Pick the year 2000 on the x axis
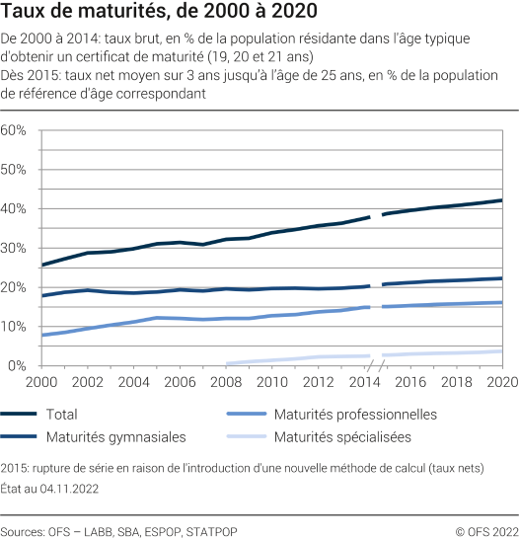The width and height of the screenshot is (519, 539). tap(40, 381)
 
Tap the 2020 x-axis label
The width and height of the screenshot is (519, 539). tap(501, 381)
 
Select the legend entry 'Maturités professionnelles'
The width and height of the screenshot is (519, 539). tap(355, 415)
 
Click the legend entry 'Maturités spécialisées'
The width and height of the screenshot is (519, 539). tap(343, 436)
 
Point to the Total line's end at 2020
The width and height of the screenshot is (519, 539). tap(501, 200)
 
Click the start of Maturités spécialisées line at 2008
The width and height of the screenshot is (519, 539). tap(228, 363)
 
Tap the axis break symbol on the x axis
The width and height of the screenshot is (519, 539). tap(379, 366)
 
